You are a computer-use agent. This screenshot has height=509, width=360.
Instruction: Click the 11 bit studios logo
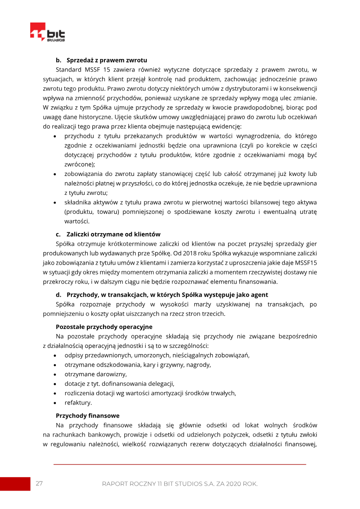click(x=47, y=32)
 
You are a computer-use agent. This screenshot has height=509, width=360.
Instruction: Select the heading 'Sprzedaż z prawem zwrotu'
click(x=107, y=60)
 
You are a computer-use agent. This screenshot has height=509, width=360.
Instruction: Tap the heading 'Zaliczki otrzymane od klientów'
click(x=113, y=234)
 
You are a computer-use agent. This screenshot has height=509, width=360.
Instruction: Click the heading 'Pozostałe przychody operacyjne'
click(x=104, y=326)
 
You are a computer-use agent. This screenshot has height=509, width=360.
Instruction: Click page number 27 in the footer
click(x=39, y=483)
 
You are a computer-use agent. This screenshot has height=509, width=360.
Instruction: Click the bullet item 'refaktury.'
click(x=78, y=402)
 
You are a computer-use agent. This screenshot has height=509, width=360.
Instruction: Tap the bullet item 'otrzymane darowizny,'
click(x=95, y=374)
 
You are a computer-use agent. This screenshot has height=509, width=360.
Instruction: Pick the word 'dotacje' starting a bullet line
click(x=75, y=383)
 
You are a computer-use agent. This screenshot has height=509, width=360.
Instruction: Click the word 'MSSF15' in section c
click(x=307, y=262)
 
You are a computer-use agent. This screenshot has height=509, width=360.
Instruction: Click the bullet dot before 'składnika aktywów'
click(x=54, y=203)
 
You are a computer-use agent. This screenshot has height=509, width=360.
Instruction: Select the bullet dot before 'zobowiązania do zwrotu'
click(x=54, y=174)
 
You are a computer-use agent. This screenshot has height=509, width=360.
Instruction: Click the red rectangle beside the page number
click(x=15, y=484)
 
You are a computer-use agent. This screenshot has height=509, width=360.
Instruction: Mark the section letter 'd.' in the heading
click(x=58, y=295)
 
